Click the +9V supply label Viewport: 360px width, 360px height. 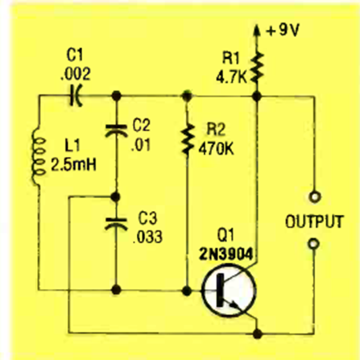(x=283, y=31)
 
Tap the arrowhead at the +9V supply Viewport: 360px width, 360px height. (x=257, y=30)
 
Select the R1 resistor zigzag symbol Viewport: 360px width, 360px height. (x=257, y=68)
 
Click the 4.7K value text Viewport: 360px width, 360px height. (x=231, y=77)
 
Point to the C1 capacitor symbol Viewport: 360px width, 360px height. (x=76, y=96)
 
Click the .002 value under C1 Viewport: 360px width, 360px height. (x=76, y=74)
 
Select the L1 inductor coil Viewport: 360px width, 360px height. (x=39, y=157)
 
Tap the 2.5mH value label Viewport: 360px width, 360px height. (x=73, y=164)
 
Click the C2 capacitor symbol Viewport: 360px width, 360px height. (x=116, y=130)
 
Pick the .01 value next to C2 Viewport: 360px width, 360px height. (x=141, y=145)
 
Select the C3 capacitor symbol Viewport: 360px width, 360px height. (x=116, y=224)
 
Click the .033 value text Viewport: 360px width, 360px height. (x=148, y=237)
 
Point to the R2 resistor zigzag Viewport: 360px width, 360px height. (x=187, y=139)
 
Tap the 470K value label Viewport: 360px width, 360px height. (x=216, y=148)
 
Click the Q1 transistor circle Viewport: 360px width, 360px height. (x=229, y=290)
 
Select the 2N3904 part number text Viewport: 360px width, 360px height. (x=226, y=254)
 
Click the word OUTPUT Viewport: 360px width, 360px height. (x=314, y=221)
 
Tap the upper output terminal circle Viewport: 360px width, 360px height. (x=314, y=197)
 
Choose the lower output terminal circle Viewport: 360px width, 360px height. (x=313, y=244)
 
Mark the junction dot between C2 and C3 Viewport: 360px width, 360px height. (x=116, y=197)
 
